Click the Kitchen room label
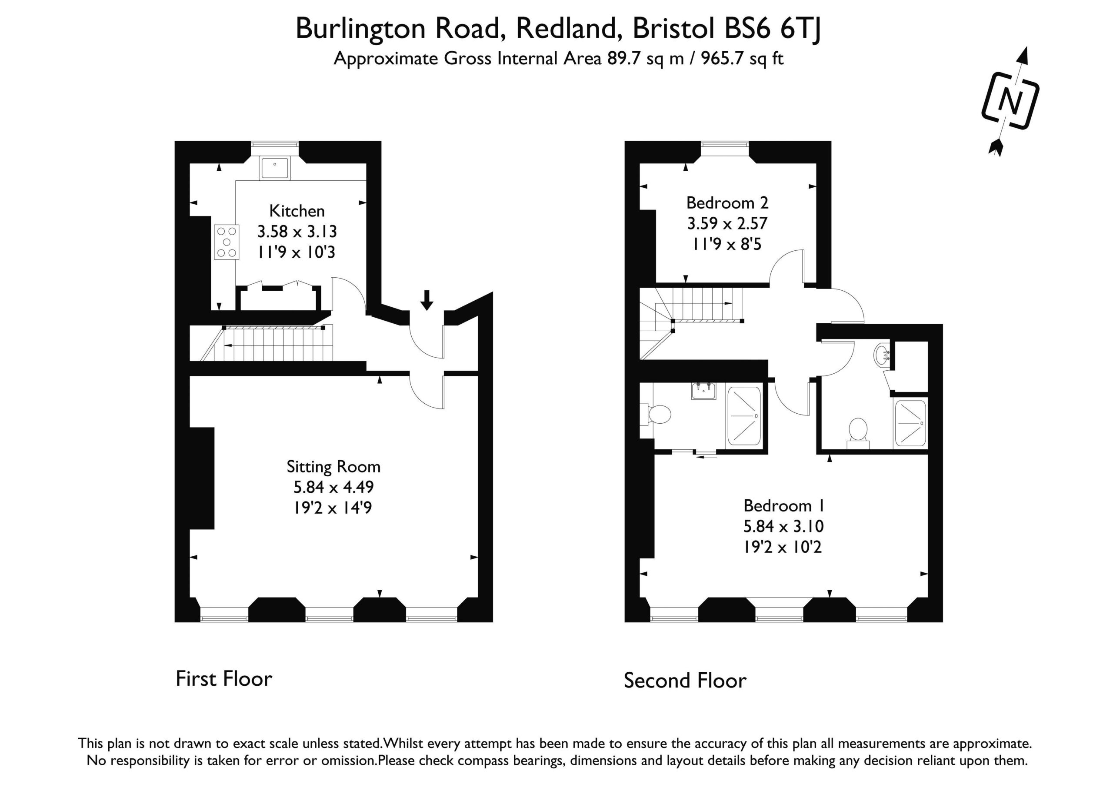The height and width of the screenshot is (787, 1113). click(297, 211)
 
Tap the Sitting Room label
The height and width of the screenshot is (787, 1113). click(333, 467)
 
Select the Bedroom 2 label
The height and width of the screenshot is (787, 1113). click(727, 203)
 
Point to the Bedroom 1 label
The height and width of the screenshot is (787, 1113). click(784, 506)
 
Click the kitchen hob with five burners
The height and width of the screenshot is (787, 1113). click(227, 242)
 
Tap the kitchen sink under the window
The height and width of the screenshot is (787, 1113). click(275, 168)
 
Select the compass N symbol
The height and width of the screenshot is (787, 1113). click(1011, 101)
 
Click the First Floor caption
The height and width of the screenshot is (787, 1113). click(224, 679)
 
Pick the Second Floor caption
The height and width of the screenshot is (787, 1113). click(685, 681)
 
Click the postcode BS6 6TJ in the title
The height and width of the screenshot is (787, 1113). click(773, 29)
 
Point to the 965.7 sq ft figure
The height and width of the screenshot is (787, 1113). click(742, 59)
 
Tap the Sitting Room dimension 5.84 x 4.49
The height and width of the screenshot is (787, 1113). click(333, 487)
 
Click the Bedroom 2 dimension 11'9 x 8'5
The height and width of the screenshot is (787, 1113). click(727, 244)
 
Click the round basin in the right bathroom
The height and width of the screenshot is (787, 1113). click(882, 355)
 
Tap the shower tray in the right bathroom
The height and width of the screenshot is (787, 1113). click(910, 422)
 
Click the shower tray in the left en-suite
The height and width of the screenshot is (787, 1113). click(744, 416)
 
